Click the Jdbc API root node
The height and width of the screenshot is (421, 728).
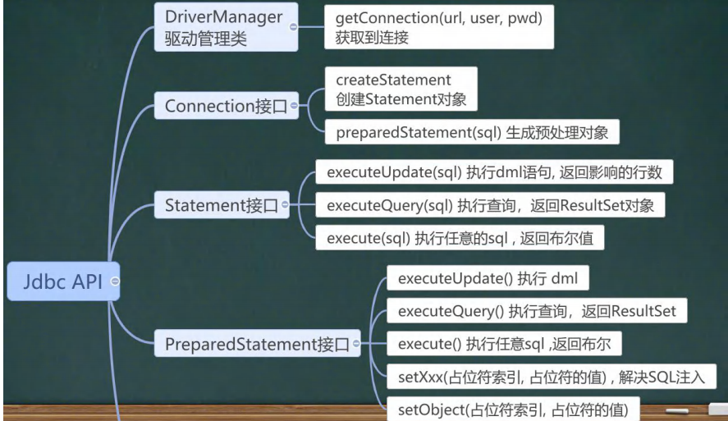coord(54,281)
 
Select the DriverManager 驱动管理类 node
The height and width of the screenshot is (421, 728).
coord(217,26)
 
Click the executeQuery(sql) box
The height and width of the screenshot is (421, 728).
coord(490,204)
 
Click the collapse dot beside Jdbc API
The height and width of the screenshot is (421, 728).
coord(115,281)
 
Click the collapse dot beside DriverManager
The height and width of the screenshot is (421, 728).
coord(293,26)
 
